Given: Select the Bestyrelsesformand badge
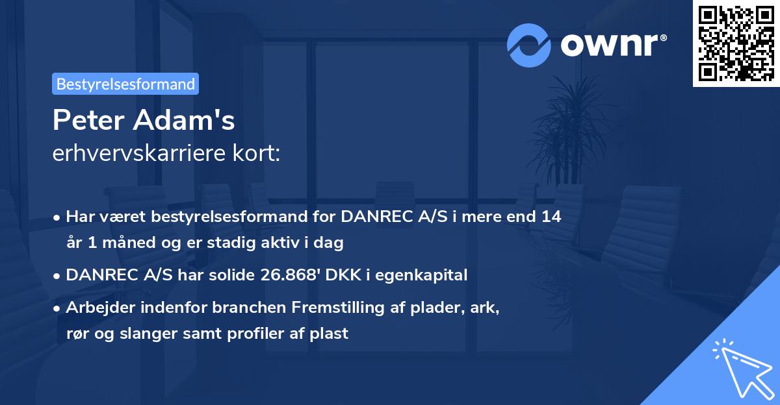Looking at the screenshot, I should tap(125, 84).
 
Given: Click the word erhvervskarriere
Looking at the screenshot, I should tap(138, 153).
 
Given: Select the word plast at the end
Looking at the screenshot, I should tap(329, 334).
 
